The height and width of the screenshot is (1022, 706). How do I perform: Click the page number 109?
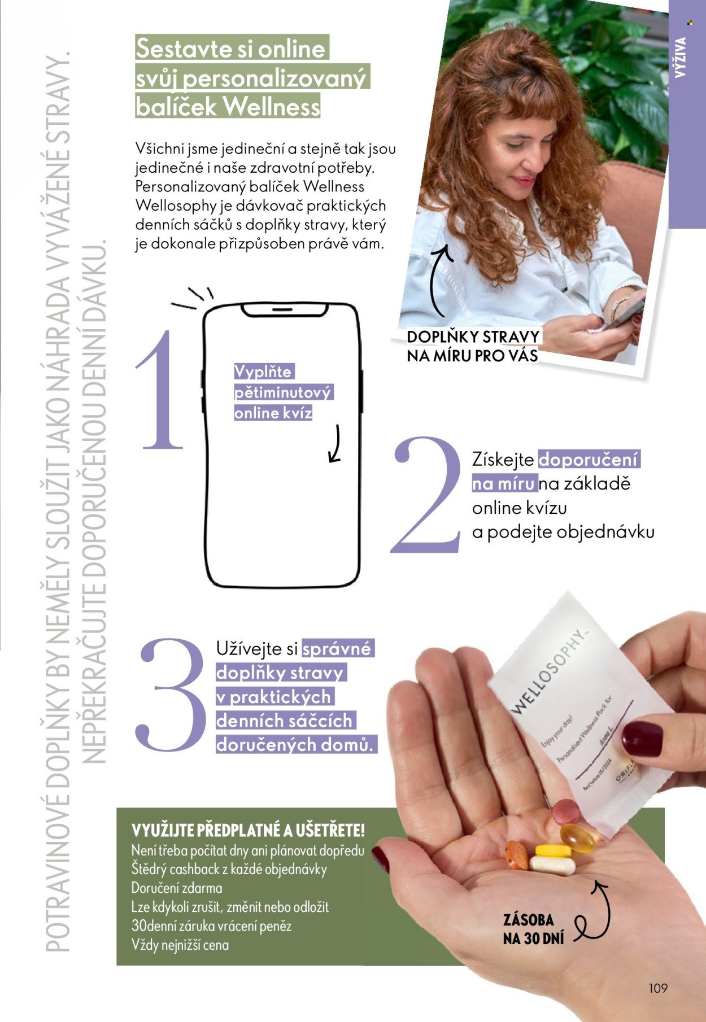pyautogui.click(x=658, y=988)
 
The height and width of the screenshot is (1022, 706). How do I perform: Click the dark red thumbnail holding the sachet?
pyautogui.click(x=642, y=739)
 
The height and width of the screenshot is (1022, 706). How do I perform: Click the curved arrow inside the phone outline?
pyautogui.click(x=335, y=444)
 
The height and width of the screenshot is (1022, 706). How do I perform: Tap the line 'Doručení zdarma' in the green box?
pyautogui.click(x=177, y=888)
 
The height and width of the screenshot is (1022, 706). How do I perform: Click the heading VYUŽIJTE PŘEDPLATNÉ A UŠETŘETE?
pyautogui.click(x=248, y=831)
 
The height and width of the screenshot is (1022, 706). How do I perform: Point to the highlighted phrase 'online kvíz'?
pyautogui.click(x=273, y=413)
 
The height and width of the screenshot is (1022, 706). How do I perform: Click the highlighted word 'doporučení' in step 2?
pyautogui.click(x=588, y=459)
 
